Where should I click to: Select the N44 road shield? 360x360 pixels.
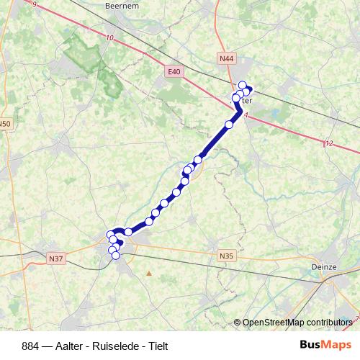tap(228, 57)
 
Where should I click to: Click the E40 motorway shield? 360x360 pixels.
tap(173, 71)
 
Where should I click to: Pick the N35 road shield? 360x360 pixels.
tap(226, 254)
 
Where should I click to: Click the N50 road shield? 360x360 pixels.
tap(5, 124)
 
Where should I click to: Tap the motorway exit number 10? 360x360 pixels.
tap(109, 38)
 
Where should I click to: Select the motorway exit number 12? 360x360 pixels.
tap(329, 144)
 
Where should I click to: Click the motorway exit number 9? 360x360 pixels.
tap(34, 6)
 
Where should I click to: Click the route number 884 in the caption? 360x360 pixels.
tap(32, 346)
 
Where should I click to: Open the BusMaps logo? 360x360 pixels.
tap(325, 346)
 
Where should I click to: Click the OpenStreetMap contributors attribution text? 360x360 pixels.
tap(297, 322)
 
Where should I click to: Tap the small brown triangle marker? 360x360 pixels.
tap(149, 273)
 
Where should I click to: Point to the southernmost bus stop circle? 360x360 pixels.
tap(115, 255)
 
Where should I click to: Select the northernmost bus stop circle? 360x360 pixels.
tap(242, 84)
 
